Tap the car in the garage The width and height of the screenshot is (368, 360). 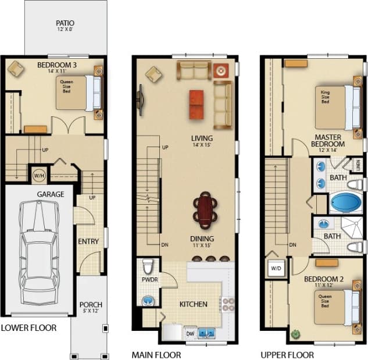pyautogui.click(x=38, y=245)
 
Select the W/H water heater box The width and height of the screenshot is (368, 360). pyautogui.click(x=39, y=174)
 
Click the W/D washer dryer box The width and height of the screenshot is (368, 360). pyautogui.click(x=274, y=268)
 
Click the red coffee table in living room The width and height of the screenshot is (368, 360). pyautogui.click(x=196, y=105)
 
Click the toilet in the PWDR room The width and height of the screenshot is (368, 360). pyautogui.click(x=148, y=267)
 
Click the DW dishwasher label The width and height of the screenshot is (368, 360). pyautogui.click(x=190, y=334)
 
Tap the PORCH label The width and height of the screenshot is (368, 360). pyautogui.click(x=90, y=304)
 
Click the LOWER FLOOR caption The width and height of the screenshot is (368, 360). pyautogui.click(x=29, y=328)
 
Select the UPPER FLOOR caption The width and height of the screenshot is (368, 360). pyautogui.click(x=287, y=354)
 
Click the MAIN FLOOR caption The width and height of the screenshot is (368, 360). pyautogui.click(x=156, y=354)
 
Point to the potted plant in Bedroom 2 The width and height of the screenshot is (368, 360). pyautogui.click(x=296, y=335)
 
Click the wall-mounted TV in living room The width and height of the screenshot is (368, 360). pyautogui.click(x=141, y=97)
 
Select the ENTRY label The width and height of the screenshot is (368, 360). pyautogui.click(x=88, y=241)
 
